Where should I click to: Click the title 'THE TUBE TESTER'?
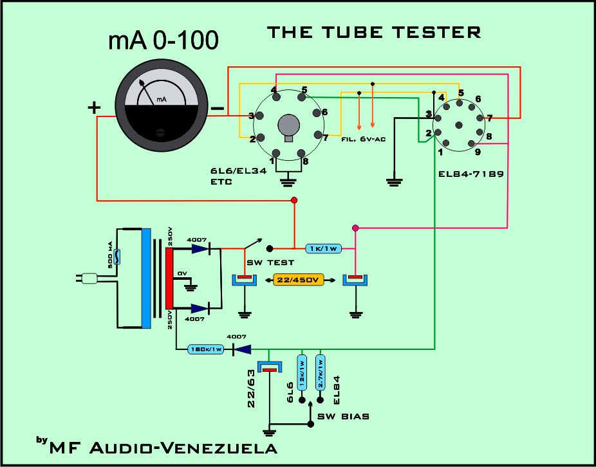click(x=374, y=32)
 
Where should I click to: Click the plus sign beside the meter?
click(x=94, y=107)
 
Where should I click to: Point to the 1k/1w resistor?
click(x=323, y=248)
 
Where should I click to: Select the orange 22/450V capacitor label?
click(x=299, y=280)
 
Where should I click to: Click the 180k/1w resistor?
click(x=205, y=349)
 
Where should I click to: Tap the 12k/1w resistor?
click(x=301, y=372)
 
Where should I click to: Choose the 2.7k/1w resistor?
click(x=321, y=372)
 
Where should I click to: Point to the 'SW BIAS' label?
click(x=343, y=416)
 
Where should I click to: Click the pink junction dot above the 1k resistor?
click(x=355, y=228)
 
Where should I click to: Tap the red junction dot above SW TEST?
click(x=294, y=201)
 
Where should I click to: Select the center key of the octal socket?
click(x=288, y=125)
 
